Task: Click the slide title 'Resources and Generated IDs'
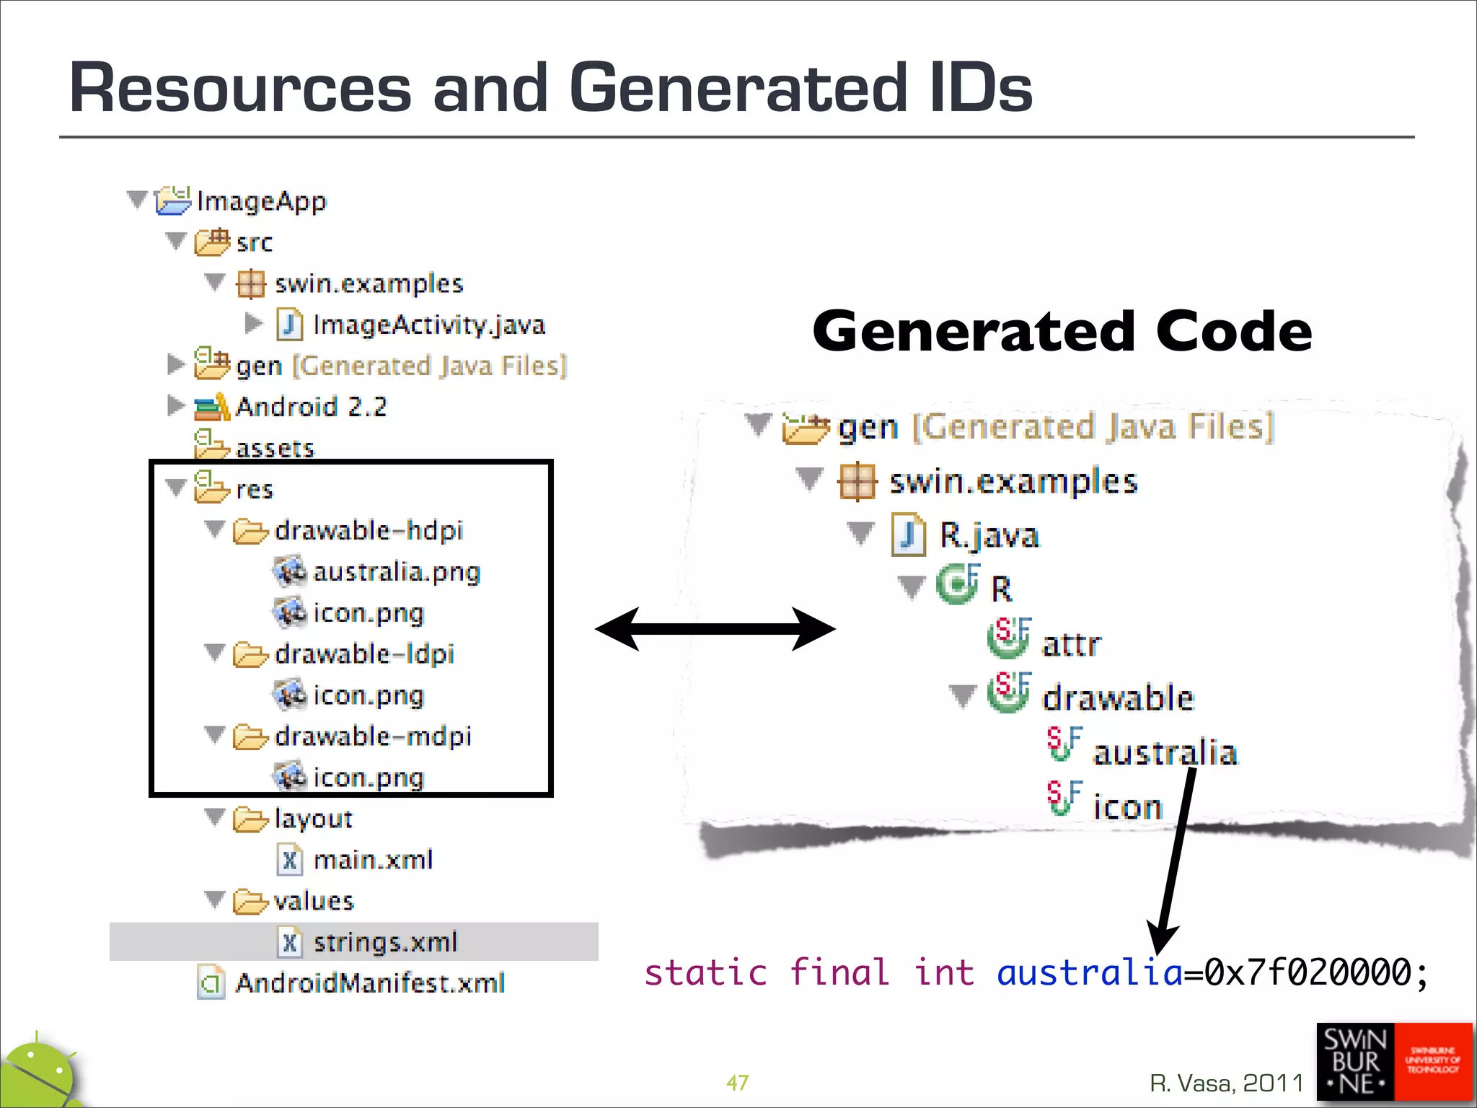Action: pyautogui.click(x=550, y=87)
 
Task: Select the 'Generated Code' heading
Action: pyautogui.click(x=1062, y=331)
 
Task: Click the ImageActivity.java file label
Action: pyautogui.click(x=428, y=325)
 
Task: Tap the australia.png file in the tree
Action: pyautogui.click(x=396, y=572)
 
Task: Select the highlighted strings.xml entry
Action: pyautogui.click(x=384, y=942)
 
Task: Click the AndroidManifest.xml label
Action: pyautogui.click(x=370, y=983)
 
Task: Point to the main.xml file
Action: pyautogui.click(x=372, y=860)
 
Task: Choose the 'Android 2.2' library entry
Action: pyautogui.click(x=311, y=407)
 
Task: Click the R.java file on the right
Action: pyautogui.click(x=988, y=535)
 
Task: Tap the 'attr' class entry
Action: pyautogui.click(x=1071, y=644)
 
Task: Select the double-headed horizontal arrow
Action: pyautogui.click(x=715, y=629)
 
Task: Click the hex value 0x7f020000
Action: pyautogui.click(x=1307, y=972)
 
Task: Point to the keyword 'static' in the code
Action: pyautogui.click(x=705, y=972)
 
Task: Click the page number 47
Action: pyautogui.click(x=737, y=1083)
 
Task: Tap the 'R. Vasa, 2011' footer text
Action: pyautogui.click(x=1226, y=1083)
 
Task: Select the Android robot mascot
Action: pyautogui.click(x=40, y=1075)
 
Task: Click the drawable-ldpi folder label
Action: pyautogui.click(x=364, y=654)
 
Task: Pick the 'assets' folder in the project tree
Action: pyautogui.click(x=275, y=449)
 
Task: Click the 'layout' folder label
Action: pyautogui.click(x=313, y=819)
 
